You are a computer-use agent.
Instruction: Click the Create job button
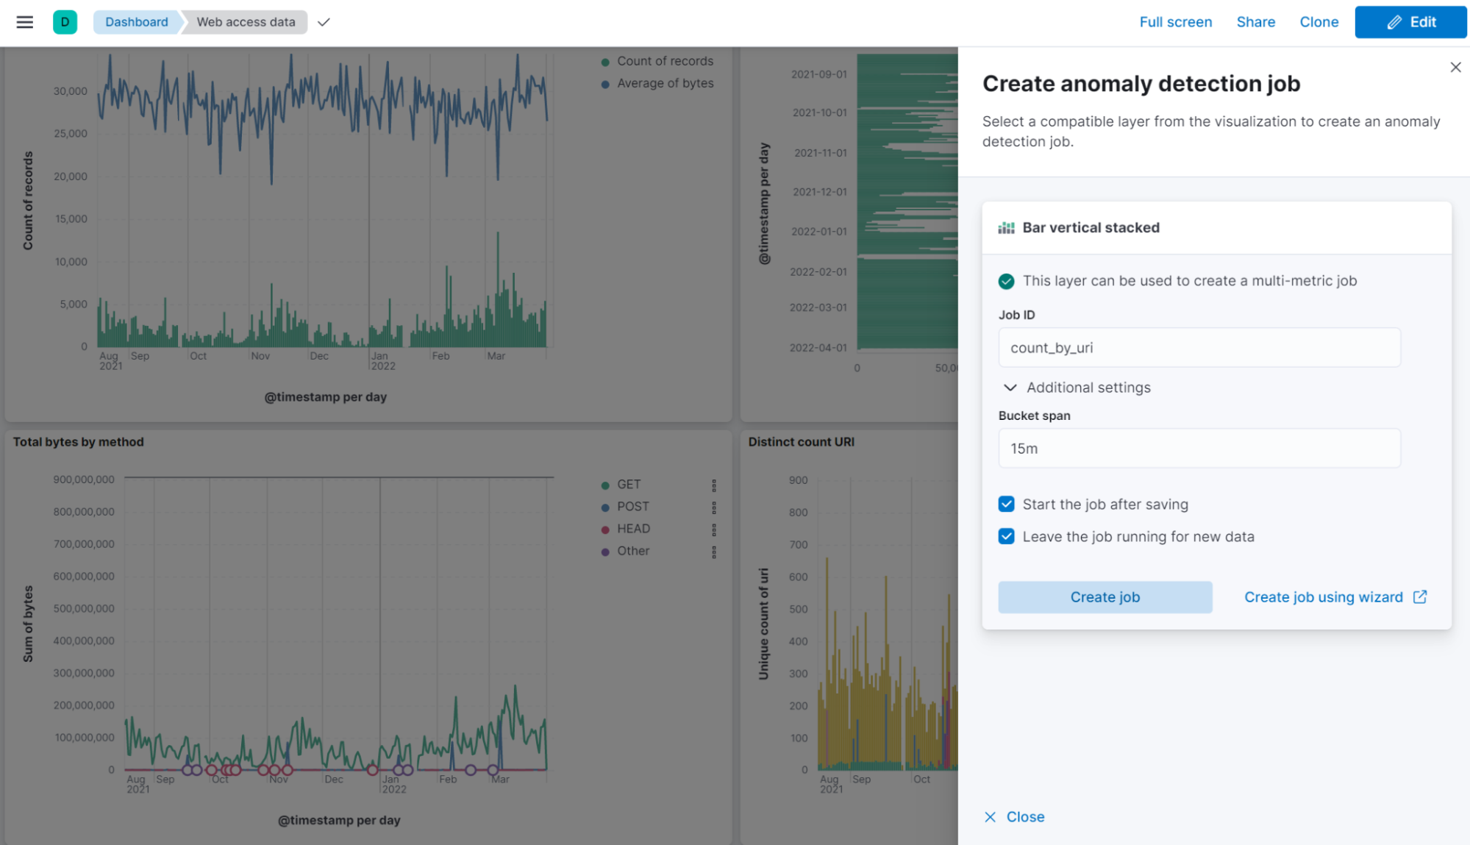pyautogui.click(x=1105, y=597)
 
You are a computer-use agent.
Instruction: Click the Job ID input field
pyautogui.click(x=1199, y=348)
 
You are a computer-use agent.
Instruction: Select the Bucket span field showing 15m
pyautogui.click(x=1199, y=449)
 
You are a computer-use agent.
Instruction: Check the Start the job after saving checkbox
pyautogui.click(x=1007, y=504)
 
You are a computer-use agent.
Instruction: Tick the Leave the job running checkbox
pyautogui.click(x=1007, y=537)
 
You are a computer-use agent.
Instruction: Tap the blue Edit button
pyautogui.click(x=1410, y=22)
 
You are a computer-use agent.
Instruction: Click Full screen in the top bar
pyautogui.click(x=1175, y=22)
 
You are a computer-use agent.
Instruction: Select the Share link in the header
pyautogui.click(x=1255, y=22)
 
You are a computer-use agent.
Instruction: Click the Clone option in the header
pyautogui.click(x=1319, y=22)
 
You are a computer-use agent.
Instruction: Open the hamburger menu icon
pyautogui.click(x=25, y=22)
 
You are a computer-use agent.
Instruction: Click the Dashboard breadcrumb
pyautogui.click(x=137, y=22)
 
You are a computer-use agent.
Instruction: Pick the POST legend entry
pyautogui.click(x=632, y=507)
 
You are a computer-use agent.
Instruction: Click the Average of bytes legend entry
pyautogui.click(x=665, y=83)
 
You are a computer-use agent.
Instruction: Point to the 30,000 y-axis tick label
pyautogui.click(x=70, y=91)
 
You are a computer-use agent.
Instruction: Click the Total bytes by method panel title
pyautogui.click(x=79, y=442)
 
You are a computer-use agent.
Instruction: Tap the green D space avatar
pyautogui.click(x=65, y=22)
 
